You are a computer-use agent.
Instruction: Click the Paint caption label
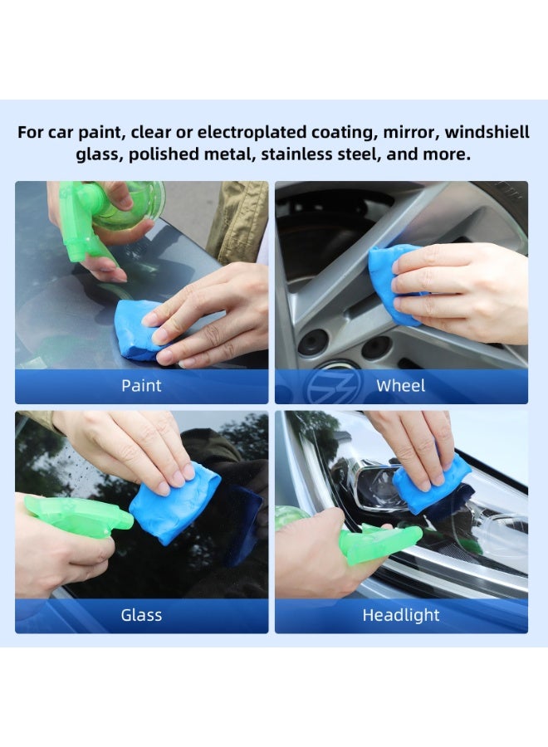141,385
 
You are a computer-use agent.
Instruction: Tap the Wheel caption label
401,385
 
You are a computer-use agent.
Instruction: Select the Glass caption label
141,615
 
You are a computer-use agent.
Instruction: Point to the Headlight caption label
401,615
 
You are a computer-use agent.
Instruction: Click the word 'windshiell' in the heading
487,132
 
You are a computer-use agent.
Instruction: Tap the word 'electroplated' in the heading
252,132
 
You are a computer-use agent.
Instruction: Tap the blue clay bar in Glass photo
174,503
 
